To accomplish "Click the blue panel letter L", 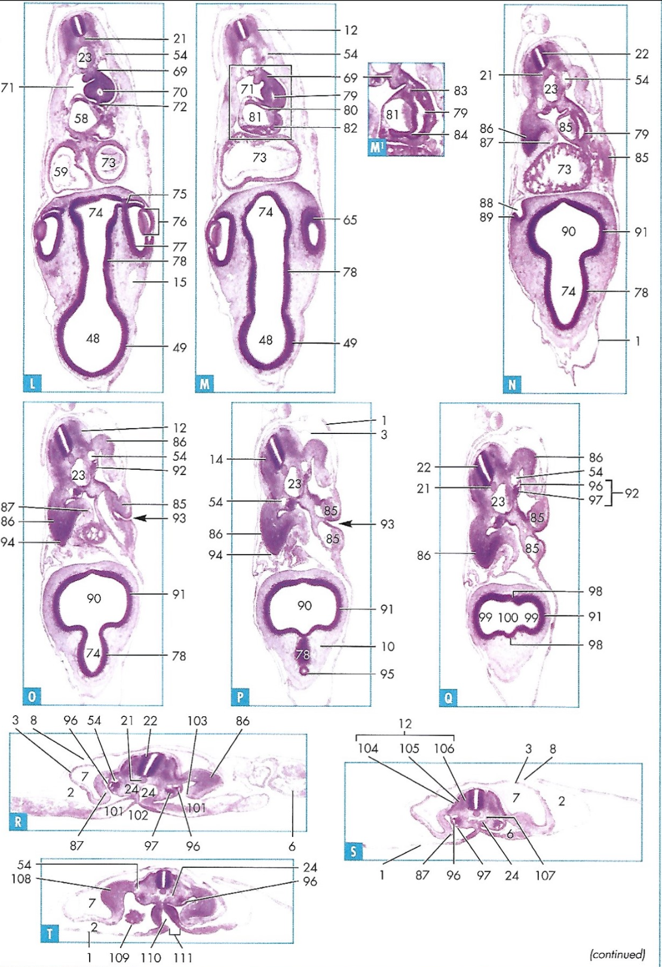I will pos(32,383).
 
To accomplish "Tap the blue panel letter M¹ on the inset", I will pos(376,147).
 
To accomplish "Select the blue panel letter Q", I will pos(448,697).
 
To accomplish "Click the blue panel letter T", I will pos(50,933).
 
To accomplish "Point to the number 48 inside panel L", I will pos(93,338).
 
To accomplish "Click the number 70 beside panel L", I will pos(180,93).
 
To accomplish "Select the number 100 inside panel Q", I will pos(508,617).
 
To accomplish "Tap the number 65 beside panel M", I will pos(350,220).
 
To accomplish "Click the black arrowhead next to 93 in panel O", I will pos(140,519).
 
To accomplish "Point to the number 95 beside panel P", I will pos(387,674).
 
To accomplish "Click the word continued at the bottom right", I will pos(617,954).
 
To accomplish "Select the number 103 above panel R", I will pos(197,721).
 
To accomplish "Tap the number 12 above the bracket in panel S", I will pos(405,724).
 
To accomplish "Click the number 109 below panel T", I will pos(119,957).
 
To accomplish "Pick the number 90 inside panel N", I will pos(568,232).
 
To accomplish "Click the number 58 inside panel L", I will pos(81,118).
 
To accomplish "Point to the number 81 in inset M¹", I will pos(392,115).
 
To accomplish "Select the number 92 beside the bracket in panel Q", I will pos(632,493).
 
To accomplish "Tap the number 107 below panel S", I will pos(545,876).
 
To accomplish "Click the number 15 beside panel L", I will pos(180,282).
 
